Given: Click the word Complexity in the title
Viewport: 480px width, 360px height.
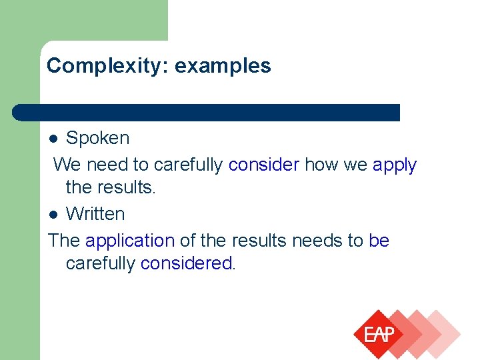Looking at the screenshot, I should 91,66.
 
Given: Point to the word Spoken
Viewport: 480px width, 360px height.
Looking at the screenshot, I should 97,139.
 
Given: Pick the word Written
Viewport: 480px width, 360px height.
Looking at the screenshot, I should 95,214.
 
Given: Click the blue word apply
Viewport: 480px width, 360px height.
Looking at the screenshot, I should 394,165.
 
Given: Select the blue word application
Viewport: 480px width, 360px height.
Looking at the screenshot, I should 129,240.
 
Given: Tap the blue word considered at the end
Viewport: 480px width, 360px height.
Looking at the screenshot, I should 186,263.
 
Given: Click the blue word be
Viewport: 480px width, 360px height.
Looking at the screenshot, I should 379,240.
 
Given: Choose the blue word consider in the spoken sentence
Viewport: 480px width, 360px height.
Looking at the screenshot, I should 263,164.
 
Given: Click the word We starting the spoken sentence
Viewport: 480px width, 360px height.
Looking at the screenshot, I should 67,164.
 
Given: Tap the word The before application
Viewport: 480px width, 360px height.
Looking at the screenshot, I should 64,240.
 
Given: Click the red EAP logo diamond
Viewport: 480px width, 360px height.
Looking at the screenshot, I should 379,335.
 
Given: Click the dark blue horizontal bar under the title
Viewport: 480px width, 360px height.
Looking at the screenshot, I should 207,113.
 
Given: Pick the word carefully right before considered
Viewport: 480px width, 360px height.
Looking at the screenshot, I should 101,263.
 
